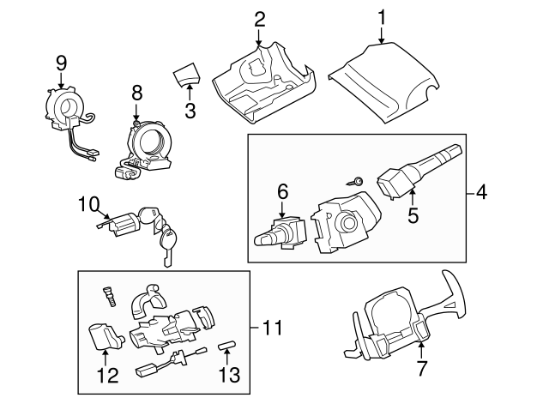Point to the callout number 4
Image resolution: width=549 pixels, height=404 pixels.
(481, 193)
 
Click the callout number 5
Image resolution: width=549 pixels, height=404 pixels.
(413, 216)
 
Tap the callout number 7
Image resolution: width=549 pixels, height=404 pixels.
(421, 369)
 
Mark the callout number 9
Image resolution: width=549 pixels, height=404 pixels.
(61, 62)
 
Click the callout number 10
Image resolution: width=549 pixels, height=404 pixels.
(89, 204)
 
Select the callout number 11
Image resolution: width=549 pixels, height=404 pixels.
(271, 327)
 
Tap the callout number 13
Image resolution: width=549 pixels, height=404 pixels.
(228, 374)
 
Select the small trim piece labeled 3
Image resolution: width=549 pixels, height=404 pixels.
(185, 75)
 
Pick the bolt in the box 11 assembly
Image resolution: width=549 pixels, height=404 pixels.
(108, 293)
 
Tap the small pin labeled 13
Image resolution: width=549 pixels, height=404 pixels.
(226, 346)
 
